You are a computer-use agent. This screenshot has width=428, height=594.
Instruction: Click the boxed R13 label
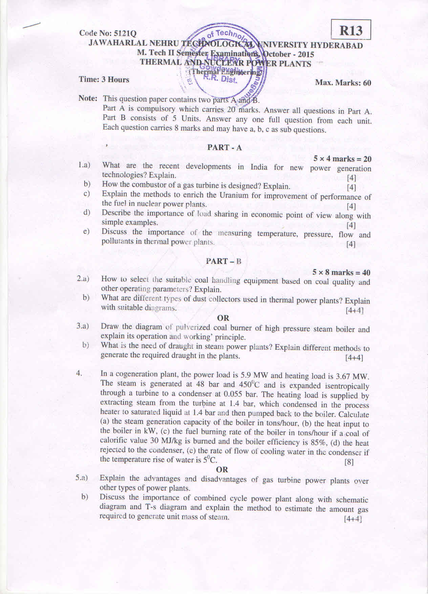pos(351,30)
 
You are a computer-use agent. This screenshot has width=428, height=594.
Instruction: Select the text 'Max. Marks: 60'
pos(343,82)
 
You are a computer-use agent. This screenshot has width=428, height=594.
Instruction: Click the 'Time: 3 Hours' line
pos(104,80)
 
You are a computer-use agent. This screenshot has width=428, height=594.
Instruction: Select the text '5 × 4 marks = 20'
pos(342,159)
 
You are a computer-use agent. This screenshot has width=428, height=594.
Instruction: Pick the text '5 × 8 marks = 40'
pos(341,273)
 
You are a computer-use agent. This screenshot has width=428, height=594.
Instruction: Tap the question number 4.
pos(79,373)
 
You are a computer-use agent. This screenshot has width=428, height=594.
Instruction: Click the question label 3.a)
pos(82,326)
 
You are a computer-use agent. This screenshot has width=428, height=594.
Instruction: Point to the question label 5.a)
pos(82,478)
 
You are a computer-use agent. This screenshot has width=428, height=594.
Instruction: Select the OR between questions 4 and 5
pos(222,470)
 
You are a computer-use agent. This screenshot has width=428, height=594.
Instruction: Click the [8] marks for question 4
pos(349,462)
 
